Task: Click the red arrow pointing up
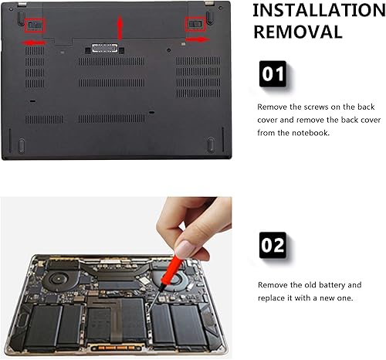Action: click(119, 28)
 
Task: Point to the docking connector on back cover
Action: click(100, 49)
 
